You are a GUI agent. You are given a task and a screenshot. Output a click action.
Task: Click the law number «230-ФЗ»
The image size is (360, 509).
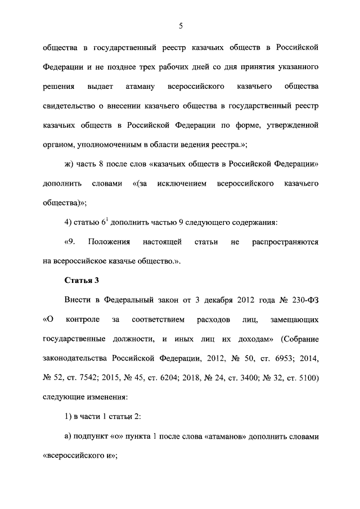(x=303, y=300)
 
